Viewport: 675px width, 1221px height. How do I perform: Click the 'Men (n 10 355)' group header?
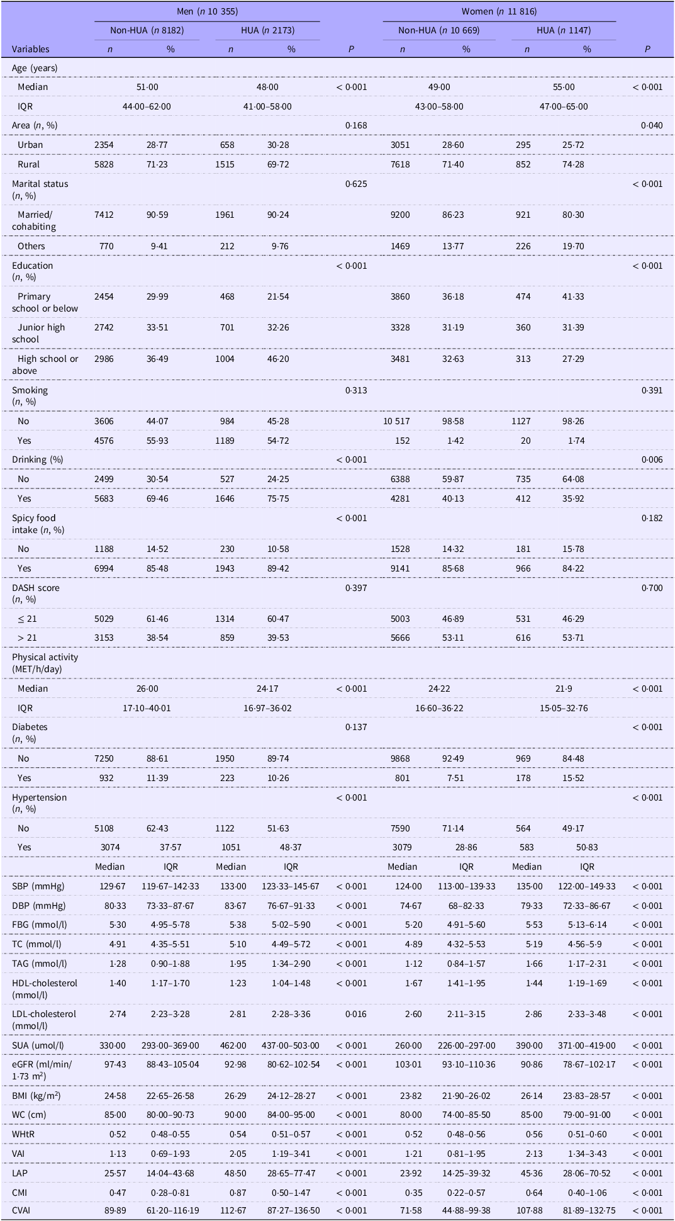click(x=207, y=11)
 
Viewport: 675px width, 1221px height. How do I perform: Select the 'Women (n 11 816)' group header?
click(x=499, y=11)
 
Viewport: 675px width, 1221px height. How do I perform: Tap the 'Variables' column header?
click(x=30, y=49)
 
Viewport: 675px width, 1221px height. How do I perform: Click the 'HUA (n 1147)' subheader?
click(x=564, y=30)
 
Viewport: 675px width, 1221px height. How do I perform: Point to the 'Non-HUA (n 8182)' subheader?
click(x=147, y=30)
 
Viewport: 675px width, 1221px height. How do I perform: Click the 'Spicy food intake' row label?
click(x=34, y=524)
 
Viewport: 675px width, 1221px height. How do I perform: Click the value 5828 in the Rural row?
click(x=104, y=164)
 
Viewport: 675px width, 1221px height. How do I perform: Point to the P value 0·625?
click(x=356, y=184)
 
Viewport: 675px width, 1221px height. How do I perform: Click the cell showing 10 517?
click(x=396, y=421)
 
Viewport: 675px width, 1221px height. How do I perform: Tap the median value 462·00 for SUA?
click(x=231, y=1045)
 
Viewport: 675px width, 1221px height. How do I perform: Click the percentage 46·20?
click(x=278, y=359)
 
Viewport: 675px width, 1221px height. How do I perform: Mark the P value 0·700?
click(x=652, y=588)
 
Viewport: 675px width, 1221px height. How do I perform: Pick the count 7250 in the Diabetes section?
click(x=104, y=758)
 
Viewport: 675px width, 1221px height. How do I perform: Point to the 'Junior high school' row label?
click(x=38, y=333)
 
